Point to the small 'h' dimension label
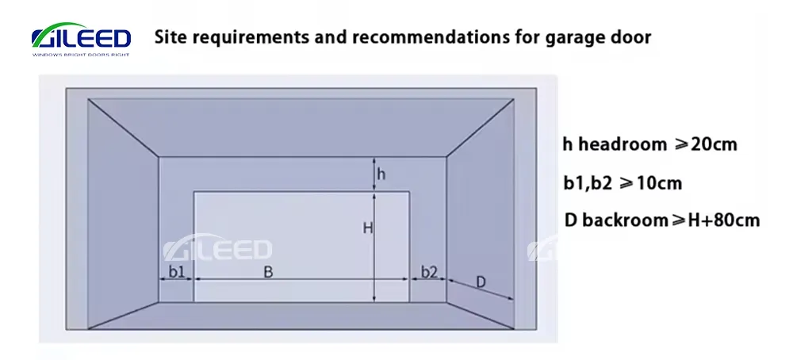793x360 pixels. [x=381, y=174]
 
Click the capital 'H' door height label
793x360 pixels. [x=368, y=228]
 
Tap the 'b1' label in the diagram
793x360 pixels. [x=177, y=272]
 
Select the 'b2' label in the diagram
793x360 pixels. [x=429, y=272]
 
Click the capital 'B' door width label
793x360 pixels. [x=268, y=273]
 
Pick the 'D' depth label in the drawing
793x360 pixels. [x=481, y=282]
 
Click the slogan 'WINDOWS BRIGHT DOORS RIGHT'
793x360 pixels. [x=81, y=55]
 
